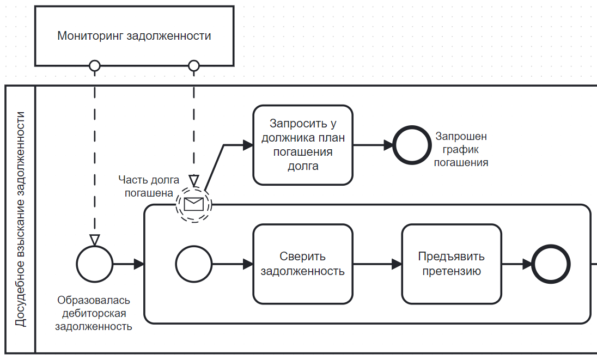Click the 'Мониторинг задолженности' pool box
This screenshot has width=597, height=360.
(134, 36)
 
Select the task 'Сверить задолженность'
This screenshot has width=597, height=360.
(303, 264)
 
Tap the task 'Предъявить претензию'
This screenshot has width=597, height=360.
(452, 264)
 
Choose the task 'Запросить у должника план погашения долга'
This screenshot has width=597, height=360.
(303, 145)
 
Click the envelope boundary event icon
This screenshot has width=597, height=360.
(194, 205)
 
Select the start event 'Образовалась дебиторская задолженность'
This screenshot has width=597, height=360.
(95, 264)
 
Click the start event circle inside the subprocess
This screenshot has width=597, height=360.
(194, 264)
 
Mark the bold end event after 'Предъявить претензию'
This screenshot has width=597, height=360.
(551, 264)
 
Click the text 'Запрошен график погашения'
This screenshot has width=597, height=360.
(461, 149)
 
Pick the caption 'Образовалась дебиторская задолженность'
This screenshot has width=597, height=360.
(94, 314)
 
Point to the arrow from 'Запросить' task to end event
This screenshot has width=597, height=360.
(373, 145)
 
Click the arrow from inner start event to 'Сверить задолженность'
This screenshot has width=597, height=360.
(232, 264)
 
